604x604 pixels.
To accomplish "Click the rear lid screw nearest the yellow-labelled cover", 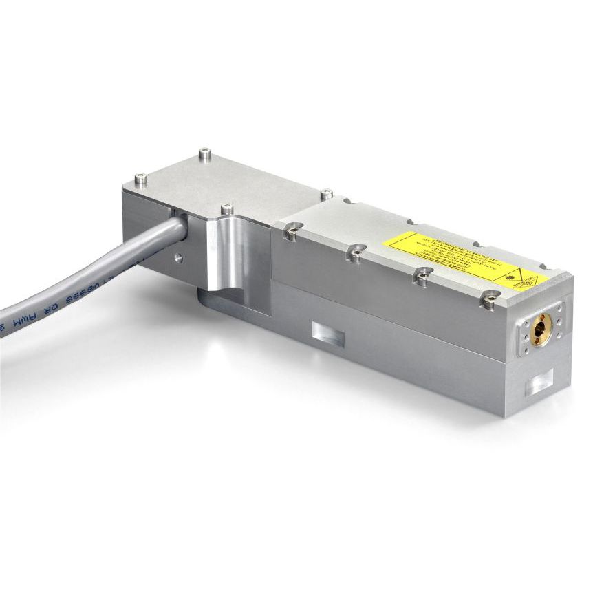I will pos(327,194).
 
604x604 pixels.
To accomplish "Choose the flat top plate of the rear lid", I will pos(220,182).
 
